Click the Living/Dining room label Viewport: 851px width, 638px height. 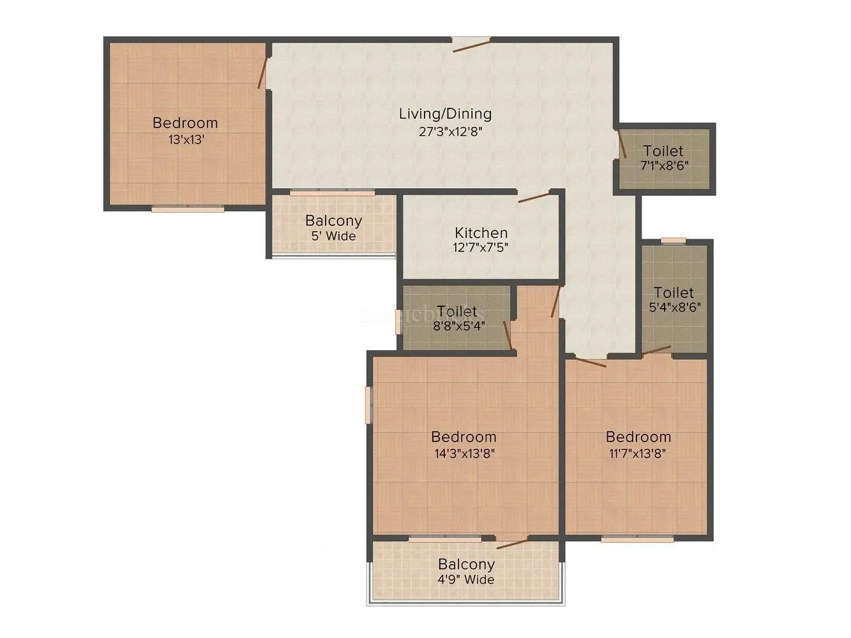click(x=445, y=114)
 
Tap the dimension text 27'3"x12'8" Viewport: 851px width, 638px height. click(x=445, y=132)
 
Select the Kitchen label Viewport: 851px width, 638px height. click(x=481, y=233)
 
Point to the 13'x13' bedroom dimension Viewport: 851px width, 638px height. click(x=186, y=140)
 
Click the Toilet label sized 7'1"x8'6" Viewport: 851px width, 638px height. click(x=663, y=151)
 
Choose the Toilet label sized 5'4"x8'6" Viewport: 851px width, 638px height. click(x=674, y=293)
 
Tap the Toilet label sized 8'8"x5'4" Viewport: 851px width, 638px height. click(x=456, y=311)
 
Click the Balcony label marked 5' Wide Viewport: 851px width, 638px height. click(x=333, y=221)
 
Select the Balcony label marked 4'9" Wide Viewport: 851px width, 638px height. click(x=466, y=564)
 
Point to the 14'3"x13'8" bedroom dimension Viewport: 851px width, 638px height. click(x=463, y=454)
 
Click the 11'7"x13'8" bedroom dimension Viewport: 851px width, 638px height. click(x=638, y=454)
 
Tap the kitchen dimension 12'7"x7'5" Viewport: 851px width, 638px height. click(x=481, y=248)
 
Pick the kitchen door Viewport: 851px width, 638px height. click(x=534, y=197)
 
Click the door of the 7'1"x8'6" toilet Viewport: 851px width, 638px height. click(x=622, y=144)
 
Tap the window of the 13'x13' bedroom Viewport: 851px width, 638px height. click(x=188, y=208)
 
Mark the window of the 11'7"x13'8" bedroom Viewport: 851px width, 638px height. click(x=637, y=539)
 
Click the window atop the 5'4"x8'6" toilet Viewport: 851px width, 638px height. click(x=673, y=241)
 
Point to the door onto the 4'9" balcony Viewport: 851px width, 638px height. click(x=513, y=543)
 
